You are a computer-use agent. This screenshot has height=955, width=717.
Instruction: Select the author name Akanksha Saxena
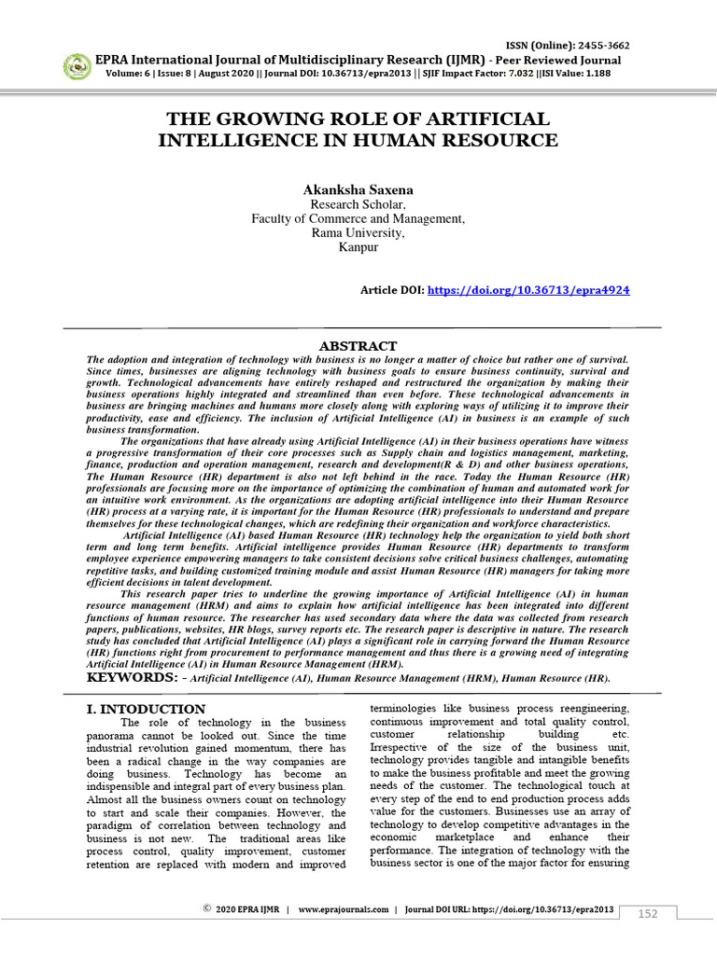click(358, 189)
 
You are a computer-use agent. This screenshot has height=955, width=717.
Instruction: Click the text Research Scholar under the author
click(358, 204)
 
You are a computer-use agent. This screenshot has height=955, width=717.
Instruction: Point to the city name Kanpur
click(358, 248)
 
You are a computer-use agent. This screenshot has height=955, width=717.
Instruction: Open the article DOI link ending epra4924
click(527, 291)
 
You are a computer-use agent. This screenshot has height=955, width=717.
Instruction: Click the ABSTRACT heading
click(358, 346)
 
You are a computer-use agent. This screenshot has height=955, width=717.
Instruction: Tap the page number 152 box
click(647, 913)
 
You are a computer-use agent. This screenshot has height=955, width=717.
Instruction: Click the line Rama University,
click(358, 233)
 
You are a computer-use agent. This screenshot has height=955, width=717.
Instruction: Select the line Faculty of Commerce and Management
click(358, 219)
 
